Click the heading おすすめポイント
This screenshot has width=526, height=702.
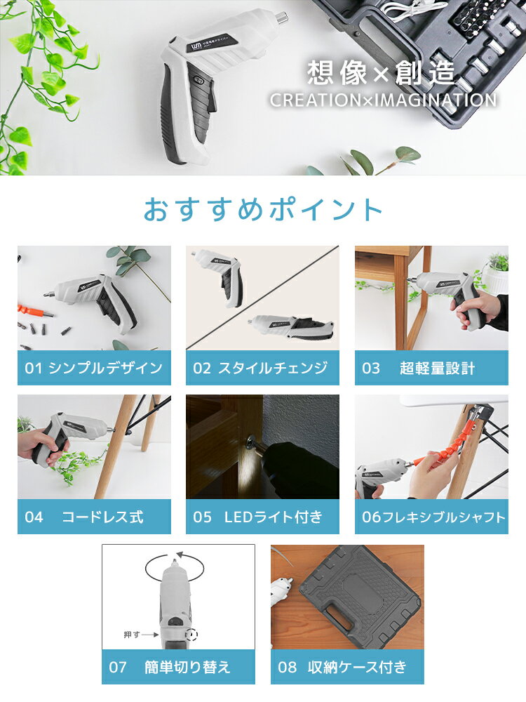pyautogui.click(x=264, y=210)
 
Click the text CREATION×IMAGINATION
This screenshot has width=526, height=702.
pyautogui.click(x=383, y=100)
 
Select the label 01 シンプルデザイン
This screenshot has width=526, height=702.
pyautogui.click(x=94, y=368)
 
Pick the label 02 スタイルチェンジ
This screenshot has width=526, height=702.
pyautogui.click(x=262, y=368)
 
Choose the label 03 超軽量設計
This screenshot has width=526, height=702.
pyautogui.click(x=431, y=368)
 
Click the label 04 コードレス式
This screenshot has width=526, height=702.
pyautogui.click(x=94, y=517)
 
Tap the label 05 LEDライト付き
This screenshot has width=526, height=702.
pyautogui.click(x=262, y=517)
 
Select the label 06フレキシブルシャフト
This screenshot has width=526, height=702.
pyautogui.click(x=431, y=517)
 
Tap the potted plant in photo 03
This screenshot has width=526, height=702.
pyautogui.click(x=497, y=270)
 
